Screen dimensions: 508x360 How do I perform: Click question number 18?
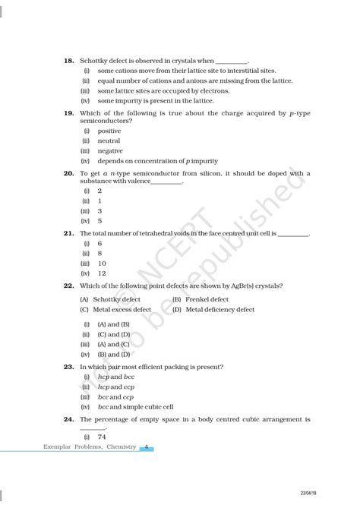click(68, 60)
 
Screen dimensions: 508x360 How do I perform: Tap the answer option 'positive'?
click(109, 131)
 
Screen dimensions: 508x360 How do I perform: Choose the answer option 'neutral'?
click(109, 140)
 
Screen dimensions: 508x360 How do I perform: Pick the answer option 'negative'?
click(110, 150)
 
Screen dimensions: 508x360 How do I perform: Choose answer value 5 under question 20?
click(100, 221)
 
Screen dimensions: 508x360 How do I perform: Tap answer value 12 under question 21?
click(102, 273)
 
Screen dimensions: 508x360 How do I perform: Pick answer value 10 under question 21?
click(102, 263)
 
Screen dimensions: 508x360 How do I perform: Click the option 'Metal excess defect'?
click(124, 310)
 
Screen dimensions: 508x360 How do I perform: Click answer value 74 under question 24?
click(102, 437)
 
